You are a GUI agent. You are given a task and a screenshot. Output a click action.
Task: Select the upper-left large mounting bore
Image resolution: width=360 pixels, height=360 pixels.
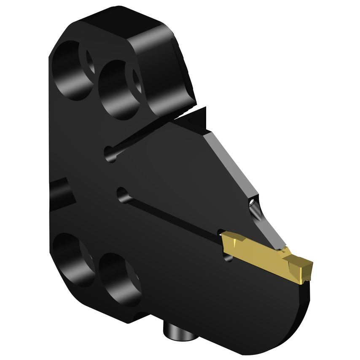72,70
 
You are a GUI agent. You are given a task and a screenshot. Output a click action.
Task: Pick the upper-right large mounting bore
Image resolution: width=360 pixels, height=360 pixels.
118,89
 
